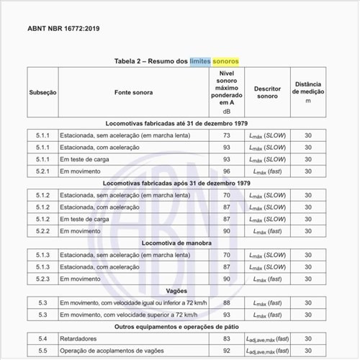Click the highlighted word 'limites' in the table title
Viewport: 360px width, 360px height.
coord(204,61)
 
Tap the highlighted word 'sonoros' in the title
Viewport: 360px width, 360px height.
coord(228,61)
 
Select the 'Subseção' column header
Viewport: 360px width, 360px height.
coord(42,93)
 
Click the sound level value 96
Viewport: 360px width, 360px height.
coord(226,171)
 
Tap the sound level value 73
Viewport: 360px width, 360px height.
coord(226,135)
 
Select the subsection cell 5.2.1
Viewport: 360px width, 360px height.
coord(42,171)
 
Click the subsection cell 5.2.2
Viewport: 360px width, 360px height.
coord(42,231)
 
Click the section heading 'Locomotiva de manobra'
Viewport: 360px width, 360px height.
coord(179,243)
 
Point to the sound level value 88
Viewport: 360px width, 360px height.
coord(226,303)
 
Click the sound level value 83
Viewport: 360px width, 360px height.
coord(226,338)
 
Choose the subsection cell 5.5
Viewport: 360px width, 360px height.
coord(42,351)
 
